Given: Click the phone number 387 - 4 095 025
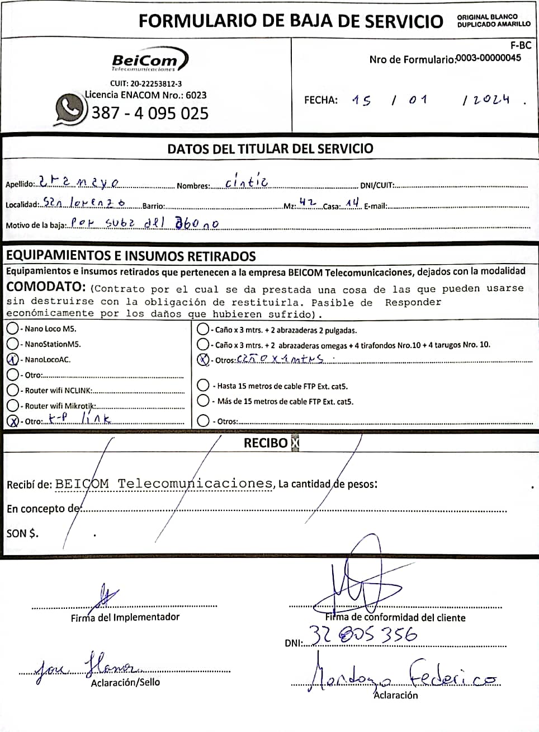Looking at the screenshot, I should [150, 113].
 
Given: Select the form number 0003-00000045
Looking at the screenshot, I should [489, 58].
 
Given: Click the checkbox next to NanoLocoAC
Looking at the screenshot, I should [12, 359].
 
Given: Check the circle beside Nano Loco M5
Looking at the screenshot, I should [12, 329].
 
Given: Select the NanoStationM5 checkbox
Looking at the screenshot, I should [12, 344].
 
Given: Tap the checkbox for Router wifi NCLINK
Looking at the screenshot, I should [12, 390].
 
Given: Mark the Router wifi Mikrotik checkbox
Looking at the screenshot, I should [12, 405].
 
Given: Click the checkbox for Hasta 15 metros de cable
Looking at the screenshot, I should [204, 386].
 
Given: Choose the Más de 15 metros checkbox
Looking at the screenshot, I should [204, 401].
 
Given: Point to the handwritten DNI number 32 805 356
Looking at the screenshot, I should [363, 635].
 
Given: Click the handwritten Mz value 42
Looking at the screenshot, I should [308, 203].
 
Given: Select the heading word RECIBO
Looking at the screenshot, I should [266, 443].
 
